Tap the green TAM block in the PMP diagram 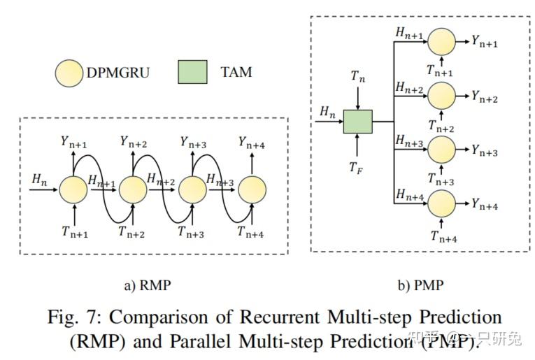pyautogui.click(x=357, y=122)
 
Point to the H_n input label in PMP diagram pyautogui.click(x=327, y=111)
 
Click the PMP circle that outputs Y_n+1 pyautogui.click(x=441, y=42)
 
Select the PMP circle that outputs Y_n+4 pyautogui.click(x=441, y=204)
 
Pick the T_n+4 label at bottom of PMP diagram pyautogui.click(x=443, y=236)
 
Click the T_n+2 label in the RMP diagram pyautogui.click(x=131, y=233)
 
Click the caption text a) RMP pyautogui.click(x=148, y=285)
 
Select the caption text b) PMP pyautogui.click(x=420, y=285)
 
